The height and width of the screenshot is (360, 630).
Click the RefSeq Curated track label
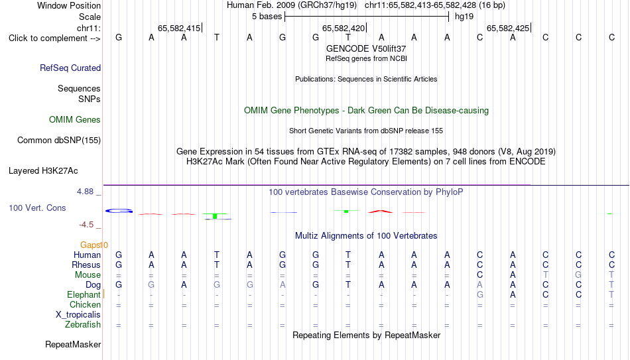click(70, 68)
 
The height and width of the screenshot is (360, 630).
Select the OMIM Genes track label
click(75, 120)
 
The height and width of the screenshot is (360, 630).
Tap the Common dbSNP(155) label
click(59, 141)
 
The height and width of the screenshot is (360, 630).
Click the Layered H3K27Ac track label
click(43, 171)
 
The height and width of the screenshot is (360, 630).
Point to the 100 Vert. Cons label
click(37, 208)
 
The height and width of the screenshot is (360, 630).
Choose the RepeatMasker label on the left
click(73, 344)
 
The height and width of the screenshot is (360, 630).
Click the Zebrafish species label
click(83, 324)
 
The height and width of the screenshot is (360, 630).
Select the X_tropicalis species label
click(78, 315)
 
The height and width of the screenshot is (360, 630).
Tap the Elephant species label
click(84, 294)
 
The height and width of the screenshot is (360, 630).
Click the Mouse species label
click(88, 275)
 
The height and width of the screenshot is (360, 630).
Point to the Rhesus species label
click(86, 265)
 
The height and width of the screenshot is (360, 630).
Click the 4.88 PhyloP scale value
click(85, 192)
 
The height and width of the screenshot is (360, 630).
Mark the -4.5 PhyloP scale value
click(86, 225)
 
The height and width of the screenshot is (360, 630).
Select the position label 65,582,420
click(344, 28)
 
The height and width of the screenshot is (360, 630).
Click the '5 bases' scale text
click(267, 17)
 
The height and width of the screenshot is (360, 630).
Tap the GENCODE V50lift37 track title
click(366, 48)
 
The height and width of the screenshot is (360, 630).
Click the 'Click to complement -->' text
click(54, 38)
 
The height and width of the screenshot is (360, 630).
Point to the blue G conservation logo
click(119, 211)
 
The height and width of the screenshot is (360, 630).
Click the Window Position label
click(69, 5)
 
